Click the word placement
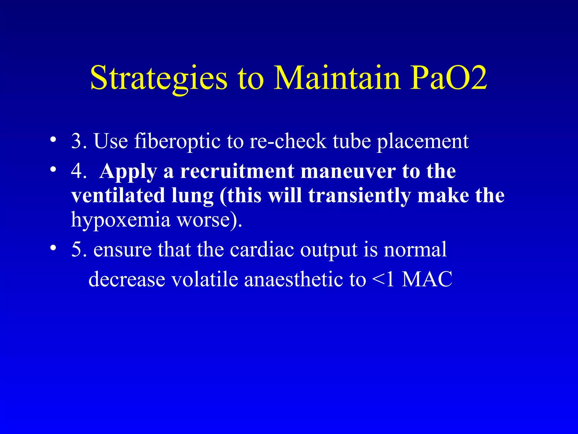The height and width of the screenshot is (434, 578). coord(423,141)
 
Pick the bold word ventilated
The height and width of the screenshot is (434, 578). coord(118,196)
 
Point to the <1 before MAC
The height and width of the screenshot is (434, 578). coord(383,279)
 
